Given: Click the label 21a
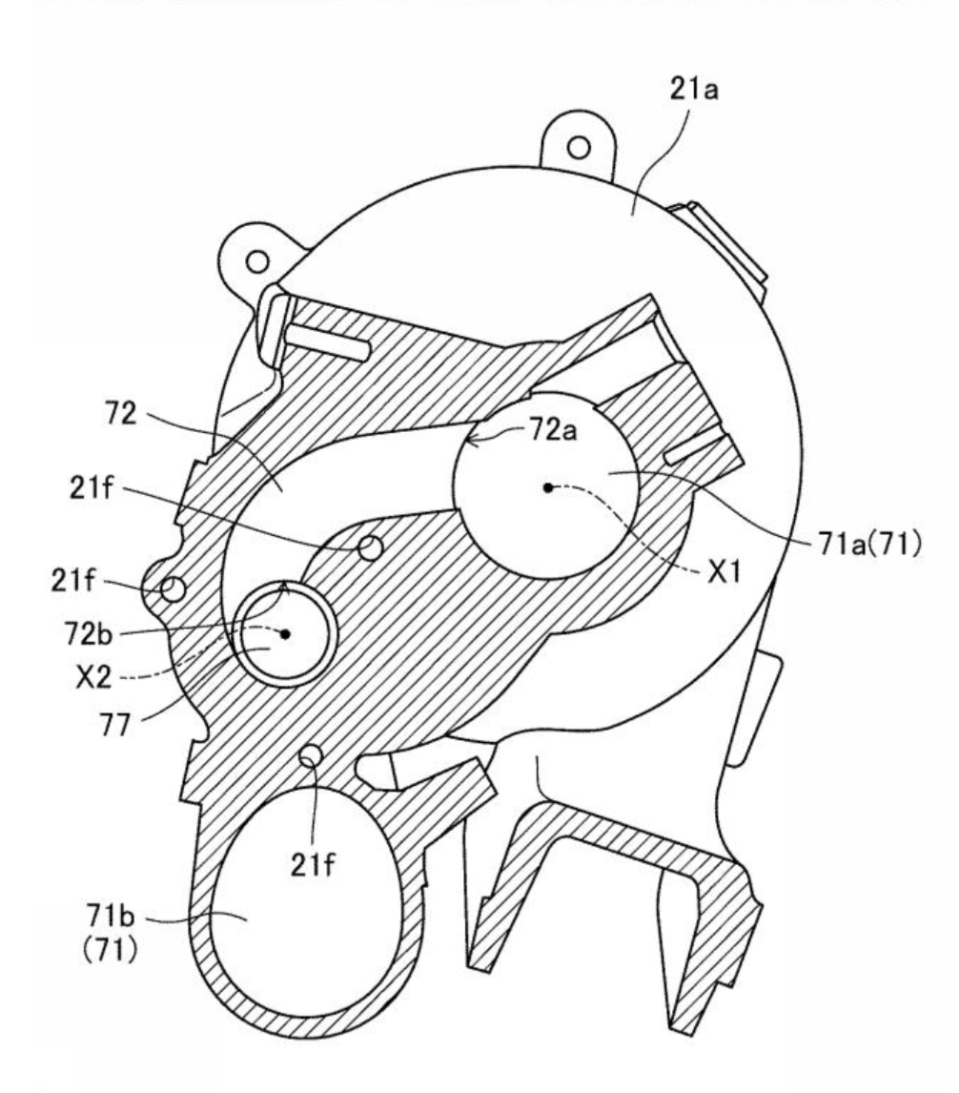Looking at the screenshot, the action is pos(693,90).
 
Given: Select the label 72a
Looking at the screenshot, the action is pos(553,430).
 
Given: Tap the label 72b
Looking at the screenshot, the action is pos(88,633).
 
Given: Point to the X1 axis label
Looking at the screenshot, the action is pos(724,572).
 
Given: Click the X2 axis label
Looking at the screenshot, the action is pos(93,676).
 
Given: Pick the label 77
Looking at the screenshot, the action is pos(115,725).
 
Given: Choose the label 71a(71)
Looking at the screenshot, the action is pos(870,544).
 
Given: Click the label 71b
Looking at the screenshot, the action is pos(111,913).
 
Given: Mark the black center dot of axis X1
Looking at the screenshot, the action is pos(548,487).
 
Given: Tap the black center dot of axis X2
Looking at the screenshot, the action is pos(285,633).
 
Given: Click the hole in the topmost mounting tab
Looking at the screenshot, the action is pos(579,148).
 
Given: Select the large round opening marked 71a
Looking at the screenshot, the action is pos(545,485).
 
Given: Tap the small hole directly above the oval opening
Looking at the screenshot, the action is pos(311,754).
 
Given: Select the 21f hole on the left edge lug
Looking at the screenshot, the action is pos(173,589).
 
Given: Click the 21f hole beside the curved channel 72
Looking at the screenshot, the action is pos(371,547).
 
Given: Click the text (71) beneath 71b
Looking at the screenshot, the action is pos(111,949).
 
